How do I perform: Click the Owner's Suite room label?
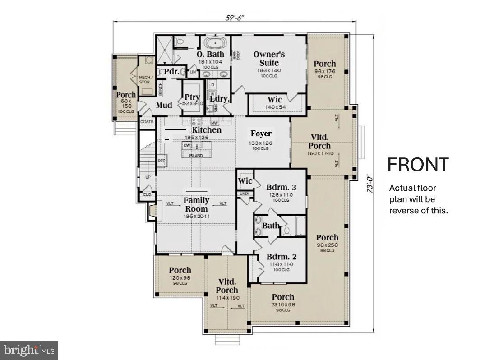pyautogui.click(x=269, y=59)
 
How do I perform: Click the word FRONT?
pyautogui.click(x=418, y=165)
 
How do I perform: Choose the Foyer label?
pyautogui.click(x=261, y=134)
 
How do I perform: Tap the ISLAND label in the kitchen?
pyautogui.click(x=196, y=156)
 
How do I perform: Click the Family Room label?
pyautogui.click(x=196, y=204)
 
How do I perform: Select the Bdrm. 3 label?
pyautogui.click(x=281, y=187)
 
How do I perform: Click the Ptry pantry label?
pyautogui.click(x=192, y=97)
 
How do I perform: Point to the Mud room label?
pyautogui.click(x=164, y=106)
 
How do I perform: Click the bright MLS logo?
pyautogui.click(x=29, y=350)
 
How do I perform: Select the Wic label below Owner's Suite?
pyautogui.click(x=275, y=100)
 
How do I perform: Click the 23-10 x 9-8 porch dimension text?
pyautogui.click(x=283, y=305)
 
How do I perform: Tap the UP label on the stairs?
pyautogui.click(x=148, y=177)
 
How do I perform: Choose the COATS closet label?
pyautogui.click(x=147, y=122)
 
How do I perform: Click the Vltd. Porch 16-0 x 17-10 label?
pyautogui.click(x=319, y=142)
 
